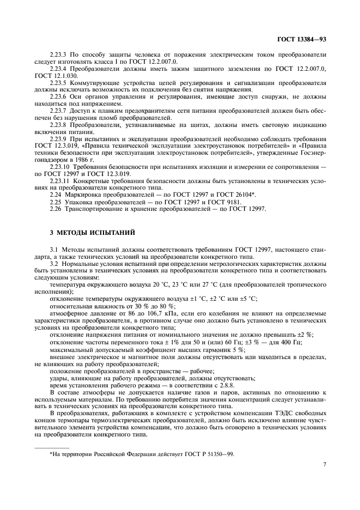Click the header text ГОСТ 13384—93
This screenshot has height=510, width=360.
click(x=301, y=40)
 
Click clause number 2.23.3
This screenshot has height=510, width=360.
click(x=59, y=55)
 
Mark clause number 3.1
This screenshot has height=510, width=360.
click(x=54, y=249)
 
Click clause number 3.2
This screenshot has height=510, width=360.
click(x=54, y=264)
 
